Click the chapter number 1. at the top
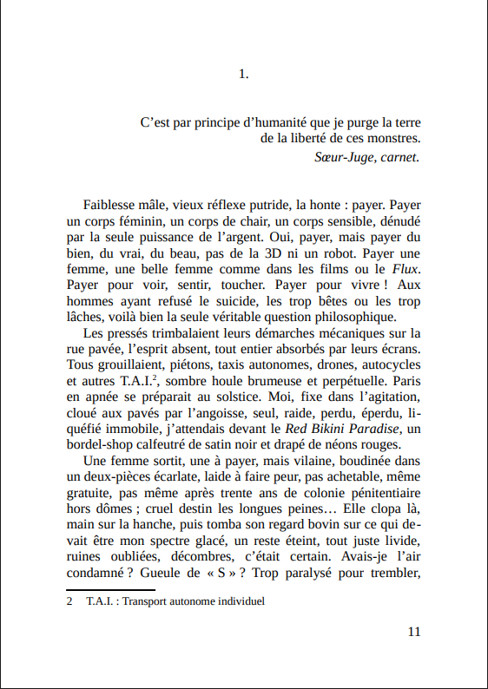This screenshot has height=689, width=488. point(243,75)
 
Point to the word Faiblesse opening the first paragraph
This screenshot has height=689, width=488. point(112,206)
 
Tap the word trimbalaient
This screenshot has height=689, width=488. point(179,332)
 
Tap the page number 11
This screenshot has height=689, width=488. point(413,631)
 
